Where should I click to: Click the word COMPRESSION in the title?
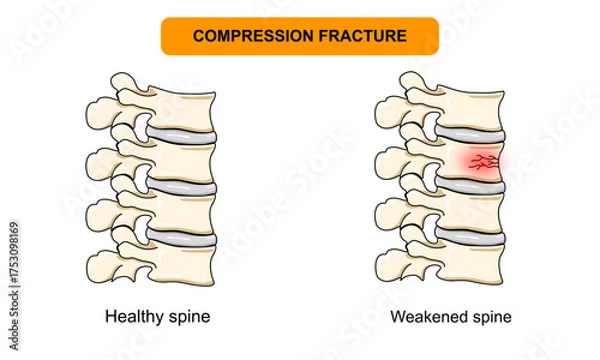coord(253,35)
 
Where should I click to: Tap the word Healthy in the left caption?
coord(131,317)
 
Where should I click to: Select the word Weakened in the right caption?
coord(425,317)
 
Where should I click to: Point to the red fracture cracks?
coord(482,160)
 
